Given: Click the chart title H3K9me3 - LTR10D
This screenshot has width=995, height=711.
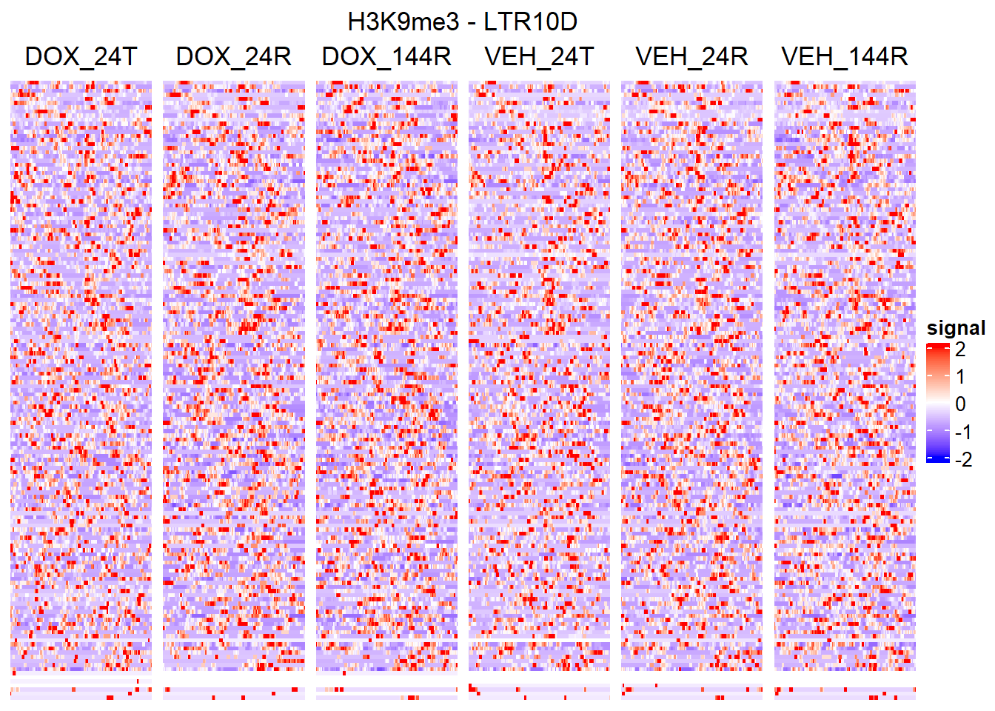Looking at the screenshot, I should (462, 22).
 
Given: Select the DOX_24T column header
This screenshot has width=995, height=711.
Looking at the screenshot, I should (81, 56).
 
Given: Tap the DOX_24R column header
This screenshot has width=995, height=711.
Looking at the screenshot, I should (233, 56).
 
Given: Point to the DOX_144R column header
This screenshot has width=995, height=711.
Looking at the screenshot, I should (386, 56).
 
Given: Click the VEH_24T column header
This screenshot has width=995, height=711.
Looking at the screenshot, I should (539, 56).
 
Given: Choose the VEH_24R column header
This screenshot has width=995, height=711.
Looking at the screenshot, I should (691, 56).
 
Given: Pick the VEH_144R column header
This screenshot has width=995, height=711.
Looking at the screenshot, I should (845, 56).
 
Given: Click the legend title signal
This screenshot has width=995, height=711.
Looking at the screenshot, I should (956, 328).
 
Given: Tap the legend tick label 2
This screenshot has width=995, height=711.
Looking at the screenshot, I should (960, 349).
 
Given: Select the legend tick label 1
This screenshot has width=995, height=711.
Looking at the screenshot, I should (960, 376).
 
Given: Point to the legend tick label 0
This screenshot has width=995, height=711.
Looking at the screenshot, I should (960, 404).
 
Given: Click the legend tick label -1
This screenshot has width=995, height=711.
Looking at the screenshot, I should (962, 432).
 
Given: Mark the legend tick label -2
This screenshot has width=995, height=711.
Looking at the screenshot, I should (962, 459).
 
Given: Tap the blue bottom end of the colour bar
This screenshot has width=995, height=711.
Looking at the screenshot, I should (937, 458).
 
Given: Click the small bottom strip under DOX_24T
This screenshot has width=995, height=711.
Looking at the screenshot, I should (81, 689).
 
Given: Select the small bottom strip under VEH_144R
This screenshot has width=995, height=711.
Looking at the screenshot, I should (845, 692).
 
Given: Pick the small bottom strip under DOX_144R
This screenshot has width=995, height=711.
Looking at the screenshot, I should (386, 692).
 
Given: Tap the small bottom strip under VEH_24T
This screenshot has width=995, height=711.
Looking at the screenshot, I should (539, 691).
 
